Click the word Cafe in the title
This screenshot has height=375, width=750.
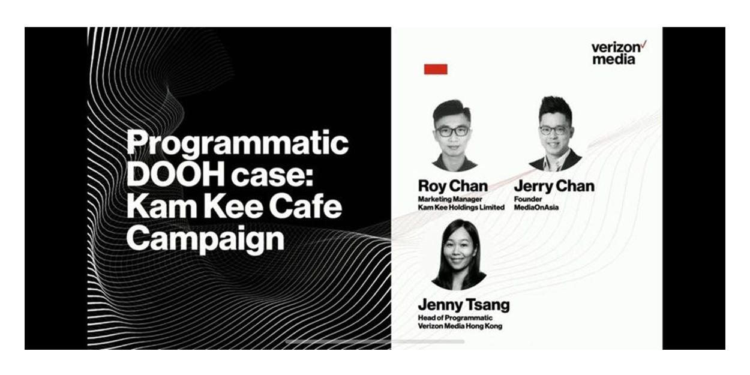[x=305, y=206]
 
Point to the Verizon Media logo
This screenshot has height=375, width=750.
[x=619, y=52]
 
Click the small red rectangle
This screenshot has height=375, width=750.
[x=436, y=69]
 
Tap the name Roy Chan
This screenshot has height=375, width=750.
[x=452, y=187]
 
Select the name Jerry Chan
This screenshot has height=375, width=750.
[x=554, y=186]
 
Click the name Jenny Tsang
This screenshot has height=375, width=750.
[x=464, y=305]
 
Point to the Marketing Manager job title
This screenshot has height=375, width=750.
[x=450, y=199]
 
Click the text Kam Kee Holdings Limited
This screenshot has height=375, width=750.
[x=461, y=208]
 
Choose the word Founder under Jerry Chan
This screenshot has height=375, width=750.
[x=527, y=199]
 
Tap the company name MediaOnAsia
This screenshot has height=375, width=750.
[x=536, y=208]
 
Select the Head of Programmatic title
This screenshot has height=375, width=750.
[x=455, y=318]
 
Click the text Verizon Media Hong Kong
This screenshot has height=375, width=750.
[x=460, y=326]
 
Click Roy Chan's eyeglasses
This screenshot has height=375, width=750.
[x=452, y=131]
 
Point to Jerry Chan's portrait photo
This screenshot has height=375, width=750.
[x=555, y=134]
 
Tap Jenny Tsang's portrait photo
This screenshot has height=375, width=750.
[x=458, y=255]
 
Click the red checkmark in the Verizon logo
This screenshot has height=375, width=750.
[x=644, y=45]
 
